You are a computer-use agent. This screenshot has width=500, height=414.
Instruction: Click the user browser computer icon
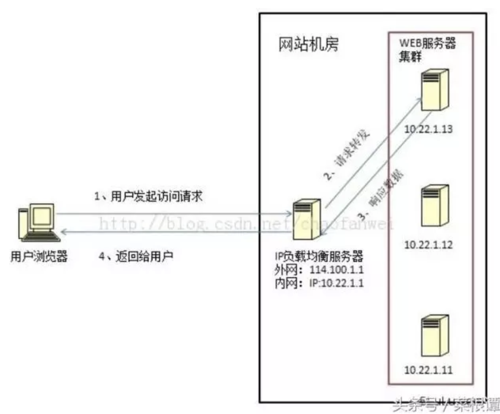pos(38,222)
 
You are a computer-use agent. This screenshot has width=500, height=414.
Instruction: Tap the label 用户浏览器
pos(39,256)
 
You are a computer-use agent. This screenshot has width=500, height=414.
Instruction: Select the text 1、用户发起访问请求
pos(148,196)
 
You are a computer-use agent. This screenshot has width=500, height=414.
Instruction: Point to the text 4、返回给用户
pos(136,256)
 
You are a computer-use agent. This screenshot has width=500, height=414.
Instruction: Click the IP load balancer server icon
pos(307,220)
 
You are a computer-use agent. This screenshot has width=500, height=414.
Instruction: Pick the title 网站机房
pos(309,44)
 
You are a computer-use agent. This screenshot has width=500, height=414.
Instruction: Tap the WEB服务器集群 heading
pos(426,49)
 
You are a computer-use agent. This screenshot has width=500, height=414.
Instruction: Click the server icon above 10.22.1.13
pos(434,90)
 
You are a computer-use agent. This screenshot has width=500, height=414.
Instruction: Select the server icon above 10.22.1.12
pos(434,205)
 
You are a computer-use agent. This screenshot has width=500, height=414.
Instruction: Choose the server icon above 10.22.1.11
pos(434,336)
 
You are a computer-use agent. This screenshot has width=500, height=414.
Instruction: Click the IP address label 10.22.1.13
pos(428,129)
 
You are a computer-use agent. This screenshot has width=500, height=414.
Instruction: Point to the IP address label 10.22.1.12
pos(428,245)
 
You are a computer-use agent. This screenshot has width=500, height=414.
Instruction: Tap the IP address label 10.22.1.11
pos(428,370)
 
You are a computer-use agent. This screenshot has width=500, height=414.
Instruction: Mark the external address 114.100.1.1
pos(336,270)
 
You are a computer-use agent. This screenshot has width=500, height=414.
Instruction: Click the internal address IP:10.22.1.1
pos(336,283)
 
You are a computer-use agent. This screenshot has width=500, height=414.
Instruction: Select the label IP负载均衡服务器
pos(319,256)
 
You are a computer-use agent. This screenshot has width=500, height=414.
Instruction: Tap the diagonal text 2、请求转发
pos(347,154)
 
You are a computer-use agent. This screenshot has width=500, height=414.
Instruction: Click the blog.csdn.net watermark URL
pos(245,224)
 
